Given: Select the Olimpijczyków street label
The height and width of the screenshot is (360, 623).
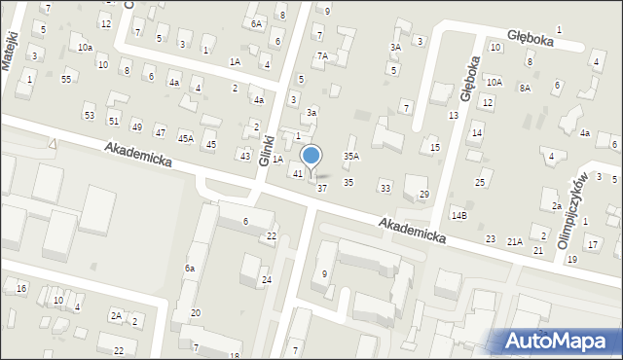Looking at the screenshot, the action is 572,212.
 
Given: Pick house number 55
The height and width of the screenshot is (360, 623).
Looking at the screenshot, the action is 65,79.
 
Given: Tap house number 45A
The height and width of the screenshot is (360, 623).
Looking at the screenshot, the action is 185,138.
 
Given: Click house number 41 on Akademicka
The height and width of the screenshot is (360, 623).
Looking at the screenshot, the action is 298,173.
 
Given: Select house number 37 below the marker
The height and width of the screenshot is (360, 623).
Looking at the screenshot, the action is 322,188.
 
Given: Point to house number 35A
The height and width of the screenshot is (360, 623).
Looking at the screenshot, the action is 351,156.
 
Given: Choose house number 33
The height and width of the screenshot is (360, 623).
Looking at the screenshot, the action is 385,188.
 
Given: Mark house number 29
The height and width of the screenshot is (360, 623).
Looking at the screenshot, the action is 423,195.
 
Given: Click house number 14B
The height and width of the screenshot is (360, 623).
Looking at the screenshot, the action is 458,215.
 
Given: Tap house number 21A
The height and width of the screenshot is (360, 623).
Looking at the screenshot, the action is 514,240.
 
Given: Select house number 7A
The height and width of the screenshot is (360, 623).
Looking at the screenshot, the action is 322,56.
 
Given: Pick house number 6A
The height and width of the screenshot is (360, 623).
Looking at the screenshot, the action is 256,23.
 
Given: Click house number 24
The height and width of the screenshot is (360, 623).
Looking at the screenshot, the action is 267,280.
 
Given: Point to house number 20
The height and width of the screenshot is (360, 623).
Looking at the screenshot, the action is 196,312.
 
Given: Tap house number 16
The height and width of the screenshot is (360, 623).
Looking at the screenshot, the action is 21,289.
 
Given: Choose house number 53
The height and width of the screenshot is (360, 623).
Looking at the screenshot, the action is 90,116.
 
